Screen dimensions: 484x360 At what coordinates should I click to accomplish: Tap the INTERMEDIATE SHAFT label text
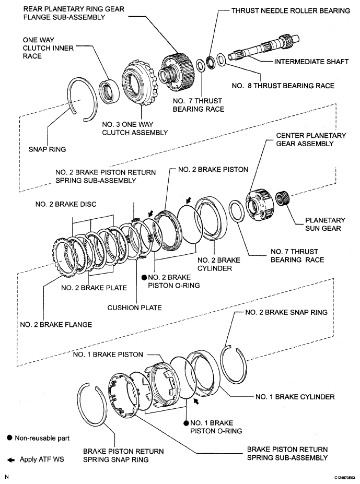[311, 62]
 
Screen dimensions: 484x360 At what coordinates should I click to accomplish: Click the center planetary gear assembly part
[259, 204]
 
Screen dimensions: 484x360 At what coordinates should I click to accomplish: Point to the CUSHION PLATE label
[135, 308]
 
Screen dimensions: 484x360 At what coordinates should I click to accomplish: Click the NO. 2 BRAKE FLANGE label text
[56, 324]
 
